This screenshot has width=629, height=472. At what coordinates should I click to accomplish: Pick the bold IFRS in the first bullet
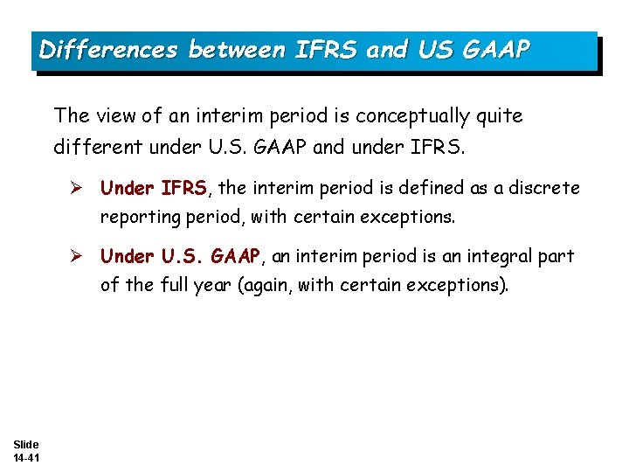(x=183, y=188)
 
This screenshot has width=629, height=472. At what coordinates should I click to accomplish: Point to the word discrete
(x=546, y=188)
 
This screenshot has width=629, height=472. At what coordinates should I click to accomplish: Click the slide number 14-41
(x=25, y=458)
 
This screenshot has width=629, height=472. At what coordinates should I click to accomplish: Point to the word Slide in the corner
(x=25, y=445)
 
